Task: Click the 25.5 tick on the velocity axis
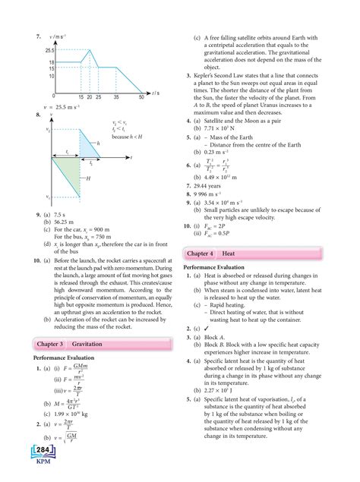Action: pyautogui.click(x=48, y=49)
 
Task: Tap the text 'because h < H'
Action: pyautogui.click(x=128, y=137)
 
